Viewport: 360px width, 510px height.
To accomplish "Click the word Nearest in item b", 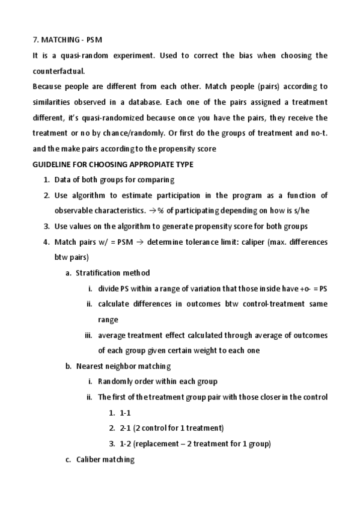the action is [x=90, y=366].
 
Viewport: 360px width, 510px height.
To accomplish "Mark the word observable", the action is [x=75, y=211].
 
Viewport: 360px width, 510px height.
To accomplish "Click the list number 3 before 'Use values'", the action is [x=46, y=227].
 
